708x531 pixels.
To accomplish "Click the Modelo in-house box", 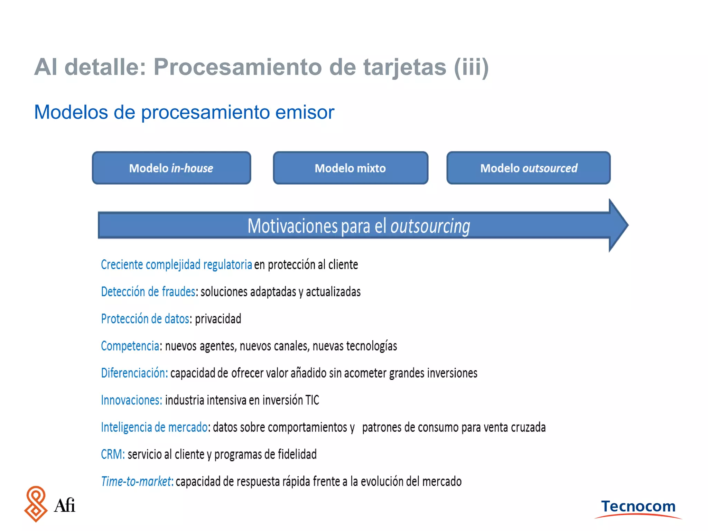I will [171, 168].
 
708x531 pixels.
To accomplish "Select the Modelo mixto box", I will [350, 168].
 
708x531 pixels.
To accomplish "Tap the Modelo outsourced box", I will [528, 168].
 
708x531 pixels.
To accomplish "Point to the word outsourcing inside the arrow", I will [430, 226].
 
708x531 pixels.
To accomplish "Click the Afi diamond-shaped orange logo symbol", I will [36, 504].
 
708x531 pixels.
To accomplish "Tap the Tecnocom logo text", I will [638, 506].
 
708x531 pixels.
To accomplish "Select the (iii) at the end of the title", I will [471, 67].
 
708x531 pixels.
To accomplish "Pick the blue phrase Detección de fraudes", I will [148, 292].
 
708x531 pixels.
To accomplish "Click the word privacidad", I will [218, 319].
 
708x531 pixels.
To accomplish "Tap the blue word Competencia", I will [130, 346].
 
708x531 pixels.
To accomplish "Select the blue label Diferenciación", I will [134, 373].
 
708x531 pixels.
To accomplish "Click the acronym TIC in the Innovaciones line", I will [312, 400].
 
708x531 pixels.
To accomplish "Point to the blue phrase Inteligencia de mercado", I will [154, 427].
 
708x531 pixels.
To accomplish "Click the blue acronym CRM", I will [112, 454].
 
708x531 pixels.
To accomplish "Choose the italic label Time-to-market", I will [137, 482].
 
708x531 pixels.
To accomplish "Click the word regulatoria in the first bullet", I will [227, 265].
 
